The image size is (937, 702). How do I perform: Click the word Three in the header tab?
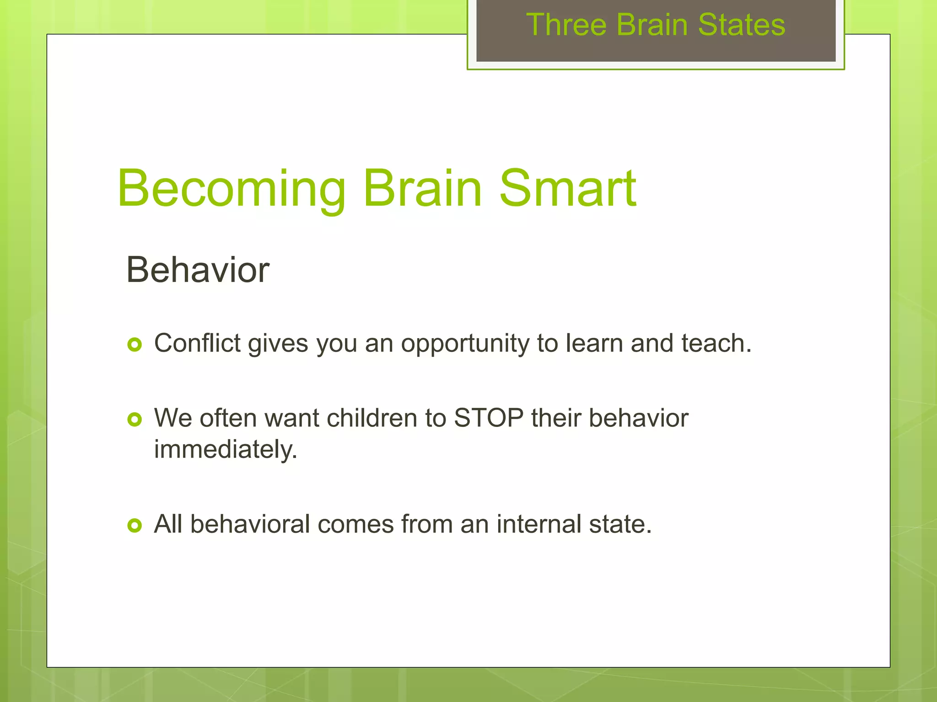(566, 25)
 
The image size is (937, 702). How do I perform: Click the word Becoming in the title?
(231, 189)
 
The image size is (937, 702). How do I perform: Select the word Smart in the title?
(567, 188)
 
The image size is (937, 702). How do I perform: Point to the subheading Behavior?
(198, 270)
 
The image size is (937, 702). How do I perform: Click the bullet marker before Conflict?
(135, 344)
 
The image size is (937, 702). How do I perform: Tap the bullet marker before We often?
(135, 419)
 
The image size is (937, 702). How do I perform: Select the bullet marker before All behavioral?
(135, 525)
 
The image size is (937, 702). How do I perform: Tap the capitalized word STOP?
(489, 418)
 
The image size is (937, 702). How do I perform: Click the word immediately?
(225, 450)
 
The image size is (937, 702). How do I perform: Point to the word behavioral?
(250, 524)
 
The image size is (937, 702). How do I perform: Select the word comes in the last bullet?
(355, 524)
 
